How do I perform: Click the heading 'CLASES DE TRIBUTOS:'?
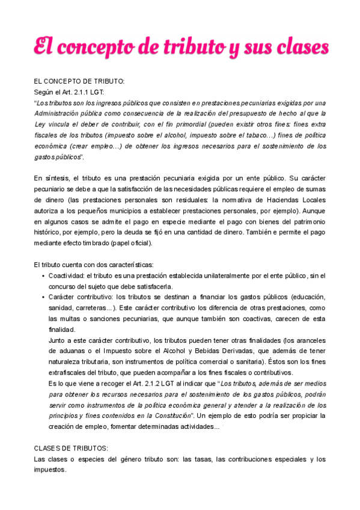[71, 448]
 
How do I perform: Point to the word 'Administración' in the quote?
[59, 113]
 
